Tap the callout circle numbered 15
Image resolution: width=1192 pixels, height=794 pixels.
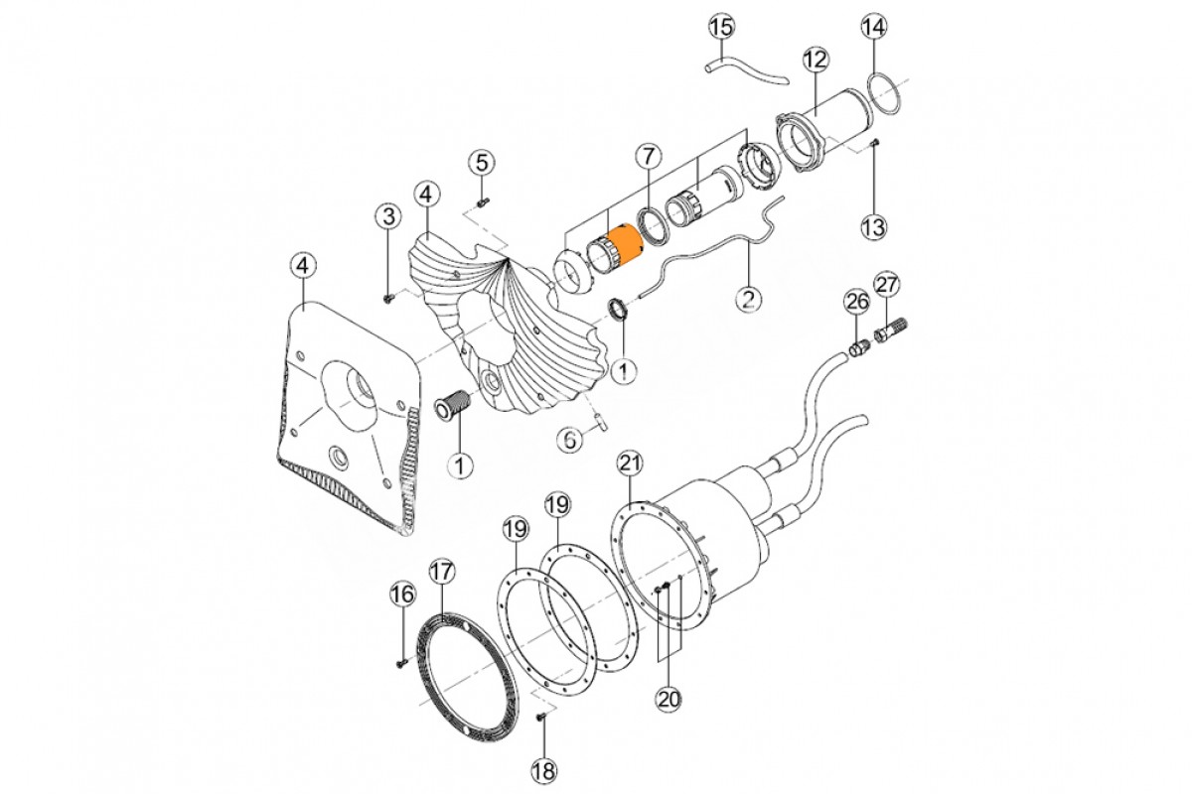[x=722, y=27]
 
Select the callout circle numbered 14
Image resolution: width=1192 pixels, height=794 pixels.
[x=875, y=26]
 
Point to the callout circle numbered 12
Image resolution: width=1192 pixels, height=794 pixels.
[x=816, y=61]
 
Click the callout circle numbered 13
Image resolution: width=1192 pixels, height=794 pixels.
[x=874, y=227]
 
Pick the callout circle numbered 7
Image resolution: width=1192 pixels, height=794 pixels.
[x=649, y=157]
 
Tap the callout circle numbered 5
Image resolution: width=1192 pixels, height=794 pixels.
[x=481, y=162]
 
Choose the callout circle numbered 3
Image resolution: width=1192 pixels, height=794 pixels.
[x=388, y=216]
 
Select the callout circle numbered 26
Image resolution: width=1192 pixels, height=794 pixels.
[x=856, y=302]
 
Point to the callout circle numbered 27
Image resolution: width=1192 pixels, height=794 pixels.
[x=887, y=285]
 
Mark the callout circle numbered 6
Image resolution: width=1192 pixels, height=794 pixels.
[x=570, y=440]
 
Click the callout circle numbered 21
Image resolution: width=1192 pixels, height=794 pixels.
[x=630, y=463]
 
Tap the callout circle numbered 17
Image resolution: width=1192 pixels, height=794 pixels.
[x=442, y=572]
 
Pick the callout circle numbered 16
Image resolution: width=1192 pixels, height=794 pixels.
[x=402, y=595]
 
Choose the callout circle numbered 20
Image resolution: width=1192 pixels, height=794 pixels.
[x=670, y=699]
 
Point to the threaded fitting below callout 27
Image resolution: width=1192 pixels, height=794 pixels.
[x=890, y=330]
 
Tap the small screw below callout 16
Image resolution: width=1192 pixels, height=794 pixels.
[x=401, y=663]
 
